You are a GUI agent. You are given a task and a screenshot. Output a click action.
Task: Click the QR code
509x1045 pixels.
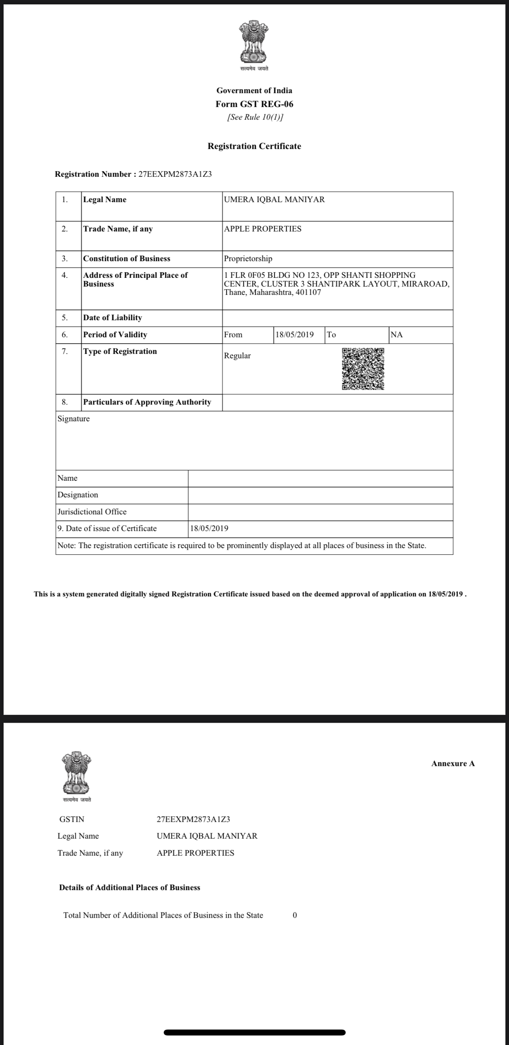[363, 369]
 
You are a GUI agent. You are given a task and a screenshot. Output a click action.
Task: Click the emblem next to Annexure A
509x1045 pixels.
[76, 773]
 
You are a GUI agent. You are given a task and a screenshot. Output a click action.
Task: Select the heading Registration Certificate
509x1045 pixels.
[254, 146]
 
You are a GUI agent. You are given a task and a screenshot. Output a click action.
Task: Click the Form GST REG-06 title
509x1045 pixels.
[254, 104]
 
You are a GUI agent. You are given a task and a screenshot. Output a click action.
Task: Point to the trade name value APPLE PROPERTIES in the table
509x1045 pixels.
[262, 229]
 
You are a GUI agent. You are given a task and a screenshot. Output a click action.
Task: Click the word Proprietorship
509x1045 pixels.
[248, 258]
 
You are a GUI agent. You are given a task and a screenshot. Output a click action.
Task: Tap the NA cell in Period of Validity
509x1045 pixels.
[396, 335]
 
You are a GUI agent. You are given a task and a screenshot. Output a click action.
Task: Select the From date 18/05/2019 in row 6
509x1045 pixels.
[294, 335]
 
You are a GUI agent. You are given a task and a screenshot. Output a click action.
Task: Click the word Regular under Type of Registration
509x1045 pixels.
[237, 356]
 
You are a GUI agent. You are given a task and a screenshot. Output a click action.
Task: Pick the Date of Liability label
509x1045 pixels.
[113, 318]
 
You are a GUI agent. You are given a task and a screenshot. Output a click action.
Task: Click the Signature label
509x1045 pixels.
[73, 418]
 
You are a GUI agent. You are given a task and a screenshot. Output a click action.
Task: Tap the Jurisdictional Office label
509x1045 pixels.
[92, 512]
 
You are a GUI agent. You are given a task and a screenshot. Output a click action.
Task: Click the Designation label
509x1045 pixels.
[78, 495]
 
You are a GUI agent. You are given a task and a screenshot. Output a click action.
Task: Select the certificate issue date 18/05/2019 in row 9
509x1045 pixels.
[209, 529]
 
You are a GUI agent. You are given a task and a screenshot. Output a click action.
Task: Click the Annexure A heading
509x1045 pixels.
[453, 764]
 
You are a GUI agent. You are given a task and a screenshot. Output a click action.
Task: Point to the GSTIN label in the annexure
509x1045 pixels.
[72, 819]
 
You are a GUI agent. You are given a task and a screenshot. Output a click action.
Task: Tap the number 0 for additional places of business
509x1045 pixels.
[295, 915]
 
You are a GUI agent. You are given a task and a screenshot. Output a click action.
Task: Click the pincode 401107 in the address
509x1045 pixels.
[308, 292]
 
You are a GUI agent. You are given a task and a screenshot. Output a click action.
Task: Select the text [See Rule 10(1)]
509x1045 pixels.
[255, 117]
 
